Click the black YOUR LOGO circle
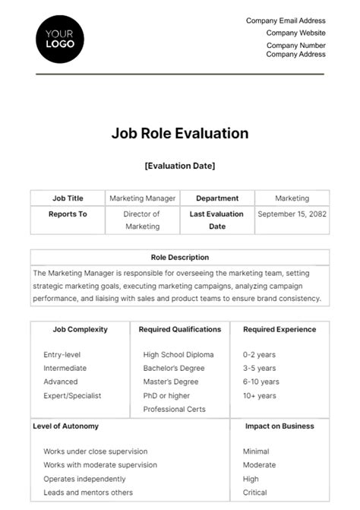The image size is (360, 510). tap(60, 39)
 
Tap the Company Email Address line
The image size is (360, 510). tap(286, 21)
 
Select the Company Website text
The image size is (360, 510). tap(295, 33)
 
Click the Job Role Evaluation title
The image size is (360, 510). tap(180, 134)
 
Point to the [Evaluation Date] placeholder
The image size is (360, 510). tap(180, 165)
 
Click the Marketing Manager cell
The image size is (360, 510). tap(143, 198)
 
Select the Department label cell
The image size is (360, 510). tap(217, 198)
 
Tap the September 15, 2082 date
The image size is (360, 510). tap(292, 214)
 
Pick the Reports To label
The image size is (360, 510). tap(68, 214)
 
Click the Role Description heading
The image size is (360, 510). tap(180, 258)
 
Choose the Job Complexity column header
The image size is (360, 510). tap(79, 330)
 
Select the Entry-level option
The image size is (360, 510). tap(62, 354)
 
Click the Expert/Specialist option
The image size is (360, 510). tap(72, 395)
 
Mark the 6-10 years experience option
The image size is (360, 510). tap(261, 382)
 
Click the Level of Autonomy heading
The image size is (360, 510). tap(65, 426)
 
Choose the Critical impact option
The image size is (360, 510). tap(255, 493)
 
